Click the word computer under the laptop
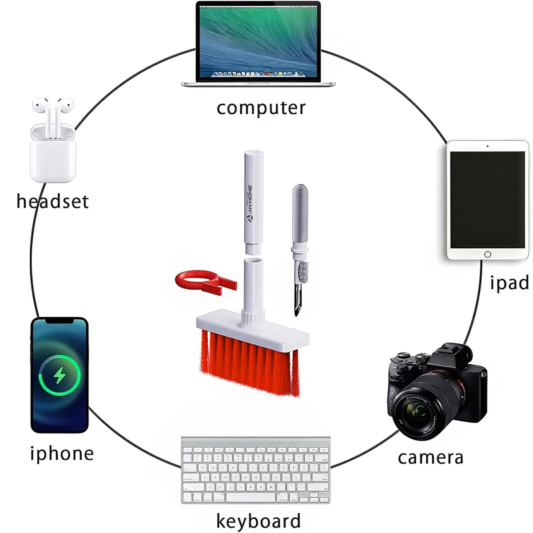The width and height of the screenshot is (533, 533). point(261,108)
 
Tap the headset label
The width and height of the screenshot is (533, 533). point(52,201)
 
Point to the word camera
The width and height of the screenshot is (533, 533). point(430,457)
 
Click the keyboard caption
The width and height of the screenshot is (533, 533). point(258,521)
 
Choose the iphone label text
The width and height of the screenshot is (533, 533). point(62,453)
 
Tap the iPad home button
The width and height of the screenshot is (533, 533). point(488,255)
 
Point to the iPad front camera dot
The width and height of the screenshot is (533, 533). point(488,146)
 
